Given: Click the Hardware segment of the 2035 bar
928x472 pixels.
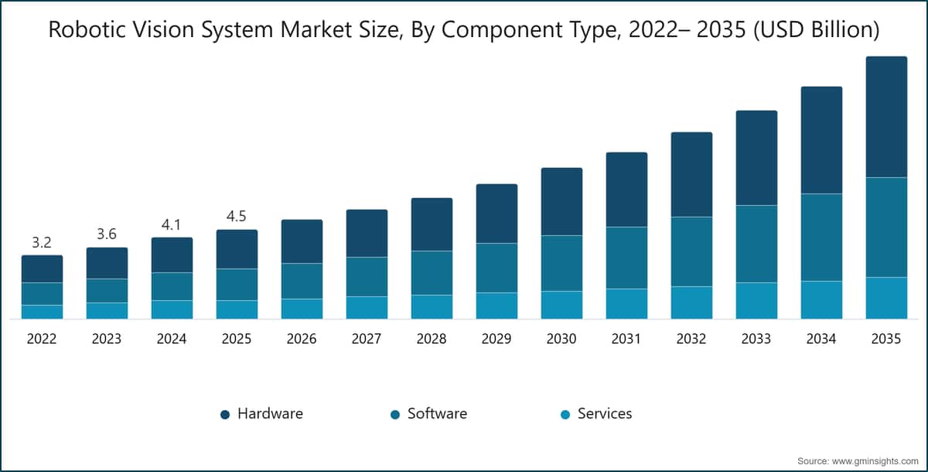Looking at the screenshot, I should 886,117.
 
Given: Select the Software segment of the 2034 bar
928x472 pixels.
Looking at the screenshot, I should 821,237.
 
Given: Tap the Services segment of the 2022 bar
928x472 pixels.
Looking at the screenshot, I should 42,312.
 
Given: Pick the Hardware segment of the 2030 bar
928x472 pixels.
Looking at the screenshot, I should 561,201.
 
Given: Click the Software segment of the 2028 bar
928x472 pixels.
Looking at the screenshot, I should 432,272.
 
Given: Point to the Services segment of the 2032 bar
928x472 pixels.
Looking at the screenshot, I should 691,303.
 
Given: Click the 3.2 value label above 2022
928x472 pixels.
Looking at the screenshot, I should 42,243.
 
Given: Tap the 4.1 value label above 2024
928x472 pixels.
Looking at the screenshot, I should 172,225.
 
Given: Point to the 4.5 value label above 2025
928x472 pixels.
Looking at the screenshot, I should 237,217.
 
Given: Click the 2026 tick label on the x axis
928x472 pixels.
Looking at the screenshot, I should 302,339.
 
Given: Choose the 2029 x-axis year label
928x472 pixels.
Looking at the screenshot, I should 496,339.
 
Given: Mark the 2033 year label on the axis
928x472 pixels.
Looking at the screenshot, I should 756,339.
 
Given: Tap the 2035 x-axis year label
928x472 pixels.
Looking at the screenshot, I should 886,339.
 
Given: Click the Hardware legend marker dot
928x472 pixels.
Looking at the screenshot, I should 225,415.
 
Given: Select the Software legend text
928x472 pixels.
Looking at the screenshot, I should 437,414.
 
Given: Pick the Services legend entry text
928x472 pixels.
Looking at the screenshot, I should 605,414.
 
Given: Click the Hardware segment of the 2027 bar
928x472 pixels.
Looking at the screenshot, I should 367,233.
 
